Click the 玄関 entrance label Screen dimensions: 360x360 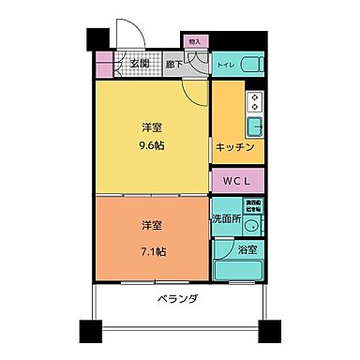[x=139, y=65]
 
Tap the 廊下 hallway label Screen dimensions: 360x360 [x=173, y=66]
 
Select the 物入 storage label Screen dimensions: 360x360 [x=194, y=42]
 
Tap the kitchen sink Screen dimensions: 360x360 [x=254, y=127]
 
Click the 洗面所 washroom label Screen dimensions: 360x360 [x=225, y=217]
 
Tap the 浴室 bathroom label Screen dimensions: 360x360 [x=247, y=250]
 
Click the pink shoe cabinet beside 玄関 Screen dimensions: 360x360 [x=103, y=65]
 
